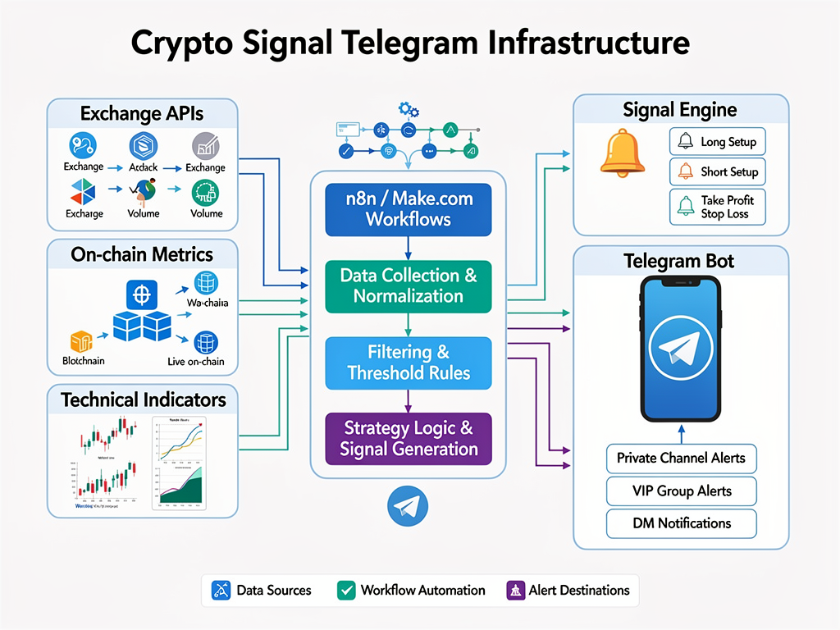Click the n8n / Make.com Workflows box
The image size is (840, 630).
(x=408, y=208)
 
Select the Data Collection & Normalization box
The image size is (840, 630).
(x=408, y=285)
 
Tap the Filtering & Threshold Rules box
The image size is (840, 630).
(x=408, y=363)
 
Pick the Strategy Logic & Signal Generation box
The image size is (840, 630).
(x=408, y=438)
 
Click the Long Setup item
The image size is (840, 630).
(x=718, y=142)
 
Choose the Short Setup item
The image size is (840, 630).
(x=718, y=172)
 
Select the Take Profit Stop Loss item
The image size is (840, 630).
(x=718, y=207)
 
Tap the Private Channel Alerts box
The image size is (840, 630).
(x=681, y=458)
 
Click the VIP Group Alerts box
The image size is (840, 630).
(x=681, y=491)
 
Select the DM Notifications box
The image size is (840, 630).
(x=681, y=523)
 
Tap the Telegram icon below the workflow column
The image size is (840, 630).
(x=408, y=507)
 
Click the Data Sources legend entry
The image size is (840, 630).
(x=262, y=590)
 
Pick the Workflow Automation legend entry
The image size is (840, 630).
(x=412, y=590)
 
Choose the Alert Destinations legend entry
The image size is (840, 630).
(x=568, y=590)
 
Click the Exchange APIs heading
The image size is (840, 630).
(x=142, y=114)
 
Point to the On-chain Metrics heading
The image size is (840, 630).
(x=142, y=254)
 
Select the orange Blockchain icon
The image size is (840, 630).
(x=80, y=341)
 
